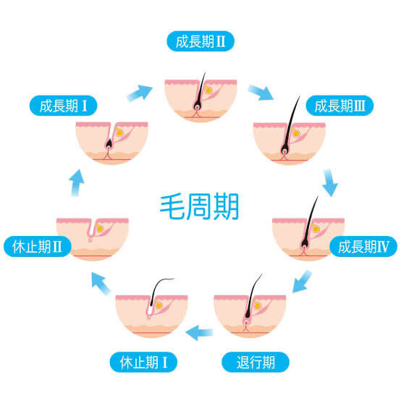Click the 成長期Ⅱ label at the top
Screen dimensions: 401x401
200,41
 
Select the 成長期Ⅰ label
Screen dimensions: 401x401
64,106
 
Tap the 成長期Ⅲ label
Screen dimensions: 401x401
339,106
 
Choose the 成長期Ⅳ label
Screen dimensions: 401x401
363,247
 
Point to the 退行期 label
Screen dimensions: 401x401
256,362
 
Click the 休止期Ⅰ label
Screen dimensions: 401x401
143,362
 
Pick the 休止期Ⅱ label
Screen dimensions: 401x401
38,247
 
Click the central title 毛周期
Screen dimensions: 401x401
199,206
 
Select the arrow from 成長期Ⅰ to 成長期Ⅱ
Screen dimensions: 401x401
140,93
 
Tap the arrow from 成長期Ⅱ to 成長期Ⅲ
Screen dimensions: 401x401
261,93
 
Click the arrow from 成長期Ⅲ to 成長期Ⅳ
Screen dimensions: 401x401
330,182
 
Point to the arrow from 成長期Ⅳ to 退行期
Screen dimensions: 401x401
302,282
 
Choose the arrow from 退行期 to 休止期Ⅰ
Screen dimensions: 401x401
199,332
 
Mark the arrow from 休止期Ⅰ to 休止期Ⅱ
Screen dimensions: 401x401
101,283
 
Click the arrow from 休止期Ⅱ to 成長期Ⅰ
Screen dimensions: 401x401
77,182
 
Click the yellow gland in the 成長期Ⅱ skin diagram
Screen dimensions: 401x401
209,90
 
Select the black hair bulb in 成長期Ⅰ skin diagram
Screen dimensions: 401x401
109,144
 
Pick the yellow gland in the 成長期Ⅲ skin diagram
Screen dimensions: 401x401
296,133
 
